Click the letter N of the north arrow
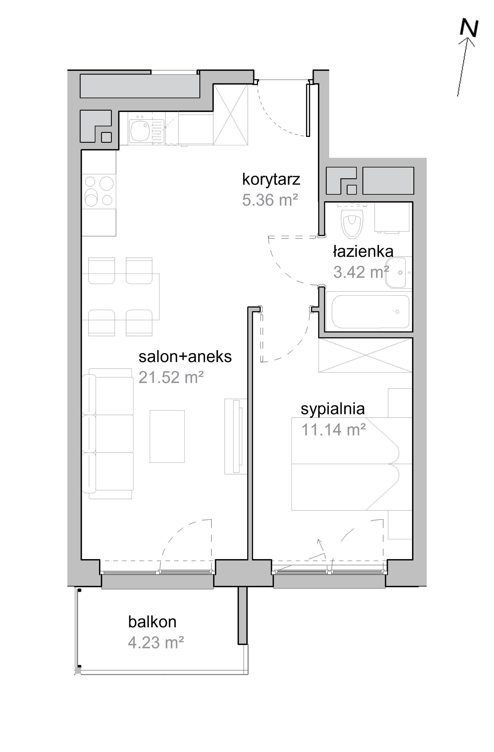(469, 28)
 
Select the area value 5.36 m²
(270, 200)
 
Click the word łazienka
(363, 252)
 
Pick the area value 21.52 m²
(171, 377)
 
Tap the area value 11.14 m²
(333, 429)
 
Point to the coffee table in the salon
(167, 436)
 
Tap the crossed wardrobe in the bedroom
(366, 355)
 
